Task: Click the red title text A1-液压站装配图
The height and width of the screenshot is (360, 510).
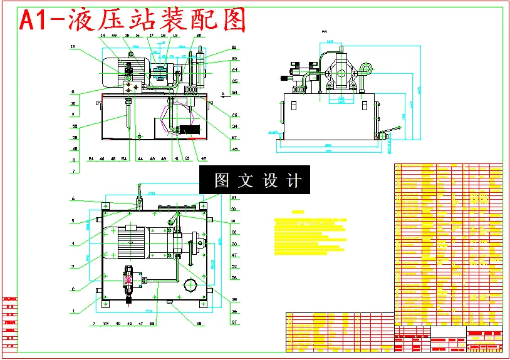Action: (132, 21)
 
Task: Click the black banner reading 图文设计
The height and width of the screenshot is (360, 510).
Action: (254, 180)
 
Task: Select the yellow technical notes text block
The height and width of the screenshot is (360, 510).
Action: (310, 235)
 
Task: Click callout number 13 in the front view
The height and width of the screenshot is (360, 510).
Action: (73, 47)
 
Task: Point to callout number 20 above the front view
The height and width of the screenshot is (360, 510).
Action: (199, 36)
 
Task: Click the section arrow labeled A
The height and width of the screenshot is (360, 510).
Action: (223, 94)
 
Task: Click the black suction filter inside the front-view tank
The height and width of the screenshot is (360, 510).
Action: (189, 130)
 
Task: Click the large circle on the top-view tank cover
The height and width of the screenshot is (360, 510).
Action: (191, 287)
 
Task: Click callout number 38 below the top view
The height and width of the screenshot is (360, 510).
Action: (199, 323)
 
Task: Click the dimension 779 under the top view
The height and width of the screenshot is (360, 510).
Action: (149, 311)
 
